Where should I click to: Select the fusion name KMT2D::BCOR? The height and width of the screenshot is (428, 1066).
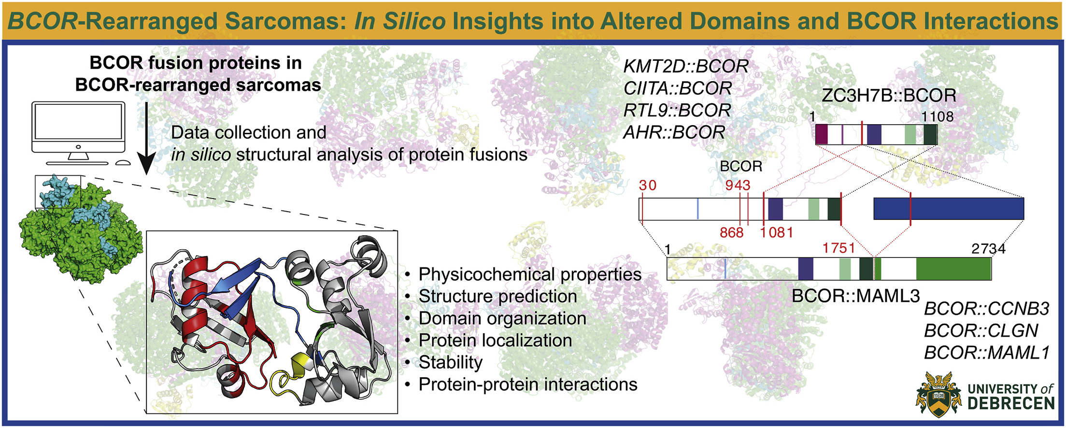pyautogui.click(x=686, y=66)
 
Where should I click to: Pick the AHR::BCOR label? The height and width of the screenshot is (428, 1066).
pyautogui.click(x=674, y=132)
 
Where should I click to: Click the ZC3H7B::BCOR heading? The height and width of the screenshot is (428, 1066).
pyautogui.click(x=889, y=96)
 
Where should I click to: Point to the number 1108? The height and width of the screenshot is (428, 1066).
pyautogui.click(x=937, y=116)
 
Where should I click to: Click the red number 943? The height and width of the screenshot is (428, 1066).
pyautogui.click(x=738, y=185)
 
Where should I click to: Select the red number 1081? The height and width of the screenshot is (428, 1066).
pyautogui.click(x=777, y=232)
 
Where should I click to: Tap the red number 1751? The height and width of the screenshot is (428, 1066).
pyautogui.click(x=839, y=248)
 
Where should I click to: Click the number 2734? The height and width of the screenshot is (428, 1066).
pyautogui.click(x=988, y=249)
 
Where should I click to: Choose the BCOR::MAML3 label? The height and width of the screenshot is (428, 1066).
pyautogui.click(x=856, y=296)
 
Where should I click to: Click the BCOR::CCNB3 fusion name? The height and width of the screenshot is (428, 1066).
pyautogui.click(x=986, y=309)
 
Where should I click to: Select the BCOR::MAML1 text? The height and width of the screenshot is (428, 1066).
pyautogui.click(x=987, y=353)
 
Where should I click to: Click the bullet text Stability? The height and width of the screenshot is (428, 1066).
pyautogui.click(x=451, y=362)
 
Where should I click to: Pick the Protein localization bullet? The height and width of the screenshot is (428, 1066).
pyautogui.click(x=495, y=340)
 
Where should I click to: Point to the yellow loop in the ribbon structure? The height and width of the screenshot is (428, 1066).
pyautogui.click(x=290, y=374)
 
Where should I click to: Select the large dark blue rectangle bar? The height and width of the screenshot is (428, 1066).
pyautogui.click(x=949, y=209)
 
